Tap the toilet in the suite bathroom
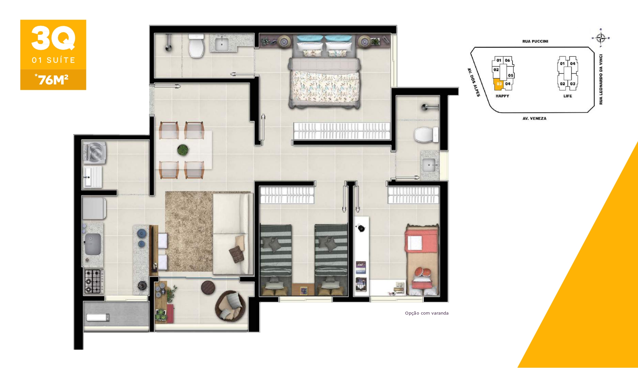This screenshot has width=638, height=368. [197, 46]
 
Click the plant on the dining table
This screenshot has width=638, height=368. [183, 150]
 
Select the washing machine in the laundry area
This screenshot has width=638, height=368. [95, 152]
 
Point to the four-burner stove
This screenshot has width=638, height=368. [94, 281]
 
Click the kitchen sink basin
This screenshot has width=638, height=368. [93, 244]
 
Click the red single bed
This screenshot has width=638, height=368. [422, 259]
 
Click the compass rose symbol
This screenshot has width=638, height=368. [601, 38]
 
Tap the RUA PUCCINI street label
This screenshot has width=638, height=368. [535, 41]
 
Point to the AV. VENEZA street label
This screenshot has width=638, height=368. [534, 119]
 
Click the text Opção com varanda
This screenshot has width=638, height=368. [427, 313]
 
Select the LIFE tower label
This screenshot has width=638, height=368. [568, 96]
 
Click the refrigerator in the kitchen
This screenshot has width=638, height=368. [94, 208]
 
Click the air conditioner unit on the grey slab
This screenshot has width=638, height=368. [98, 317]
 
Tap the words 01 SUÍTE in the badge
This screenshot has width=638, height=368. [53, 60]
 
